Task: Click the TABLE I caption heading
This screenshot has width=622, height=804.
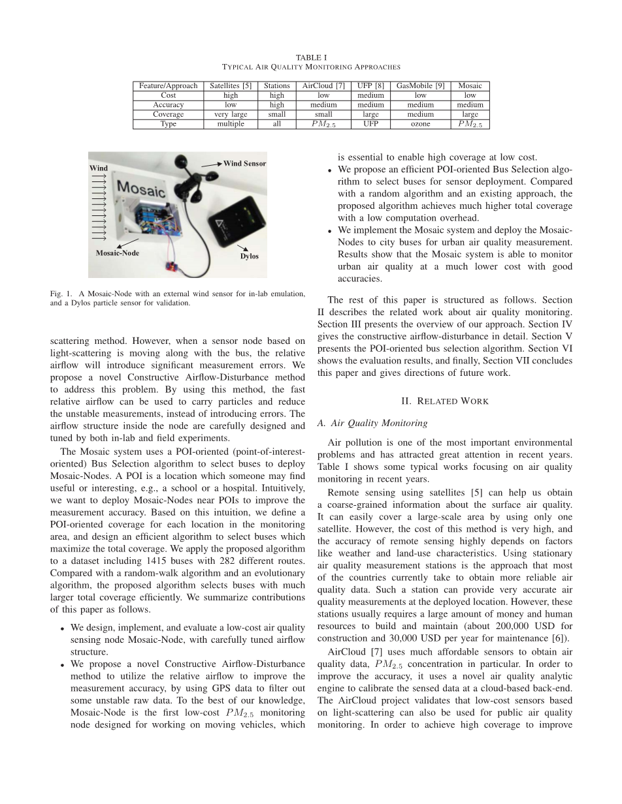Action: tap(311, 57)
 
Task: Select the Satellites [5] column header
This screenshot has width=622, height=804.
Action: tap(231, 85)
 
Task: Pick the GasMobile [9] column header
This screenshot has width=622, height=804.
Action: tap(420, 85)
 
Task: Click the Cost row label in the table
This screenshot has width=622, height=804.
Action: tap(168, 95)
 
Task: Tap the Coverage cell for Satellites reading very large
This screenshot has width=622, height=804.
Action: tap(231, 114)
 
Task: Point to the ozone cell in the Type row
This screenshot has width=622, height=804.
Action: tap(420, 124)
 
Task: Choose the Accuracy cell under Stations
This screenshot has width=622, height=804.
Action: tap(277, 104)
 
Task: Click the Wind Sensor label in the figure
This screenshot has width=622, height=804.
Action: tap(244, 163)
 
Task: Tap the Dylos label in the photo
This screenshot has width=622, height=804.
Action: tap(249, 256)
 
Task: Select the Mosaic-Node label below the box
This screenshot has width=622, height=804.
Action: tap(118, 253)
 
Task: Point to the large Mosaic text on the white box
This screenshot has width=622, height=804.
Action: tap(140, 189)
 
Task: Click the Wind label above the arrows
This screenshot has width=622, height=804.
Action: tap(99, 168)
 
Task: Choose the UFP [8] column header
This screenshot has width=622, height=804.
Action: tap(370, 85)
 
